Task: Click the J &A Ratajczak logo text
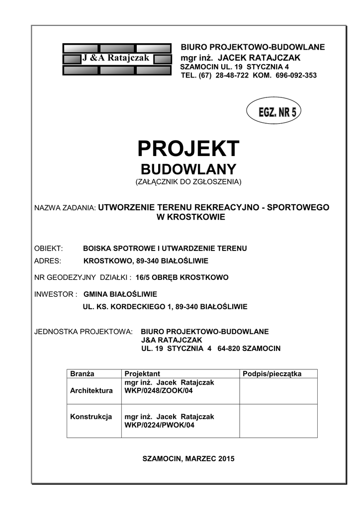[115, 59]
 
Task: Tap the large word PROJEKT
[188, 149]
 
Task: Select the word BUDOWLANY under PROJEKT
[188, 169]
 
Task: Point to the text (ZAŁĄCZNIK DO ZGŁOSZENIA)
[188, 182]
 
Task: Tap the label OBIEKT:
[48, 248]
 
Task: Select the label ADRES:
[47, 260]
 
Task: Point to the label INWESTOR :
[56, 294]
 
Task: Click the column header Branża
[82, 373]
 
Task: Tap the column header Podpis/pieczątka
[271, 373]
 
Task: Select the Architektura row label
[91, 391]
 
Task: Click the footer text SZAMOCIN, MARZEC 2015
[188, 458]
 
